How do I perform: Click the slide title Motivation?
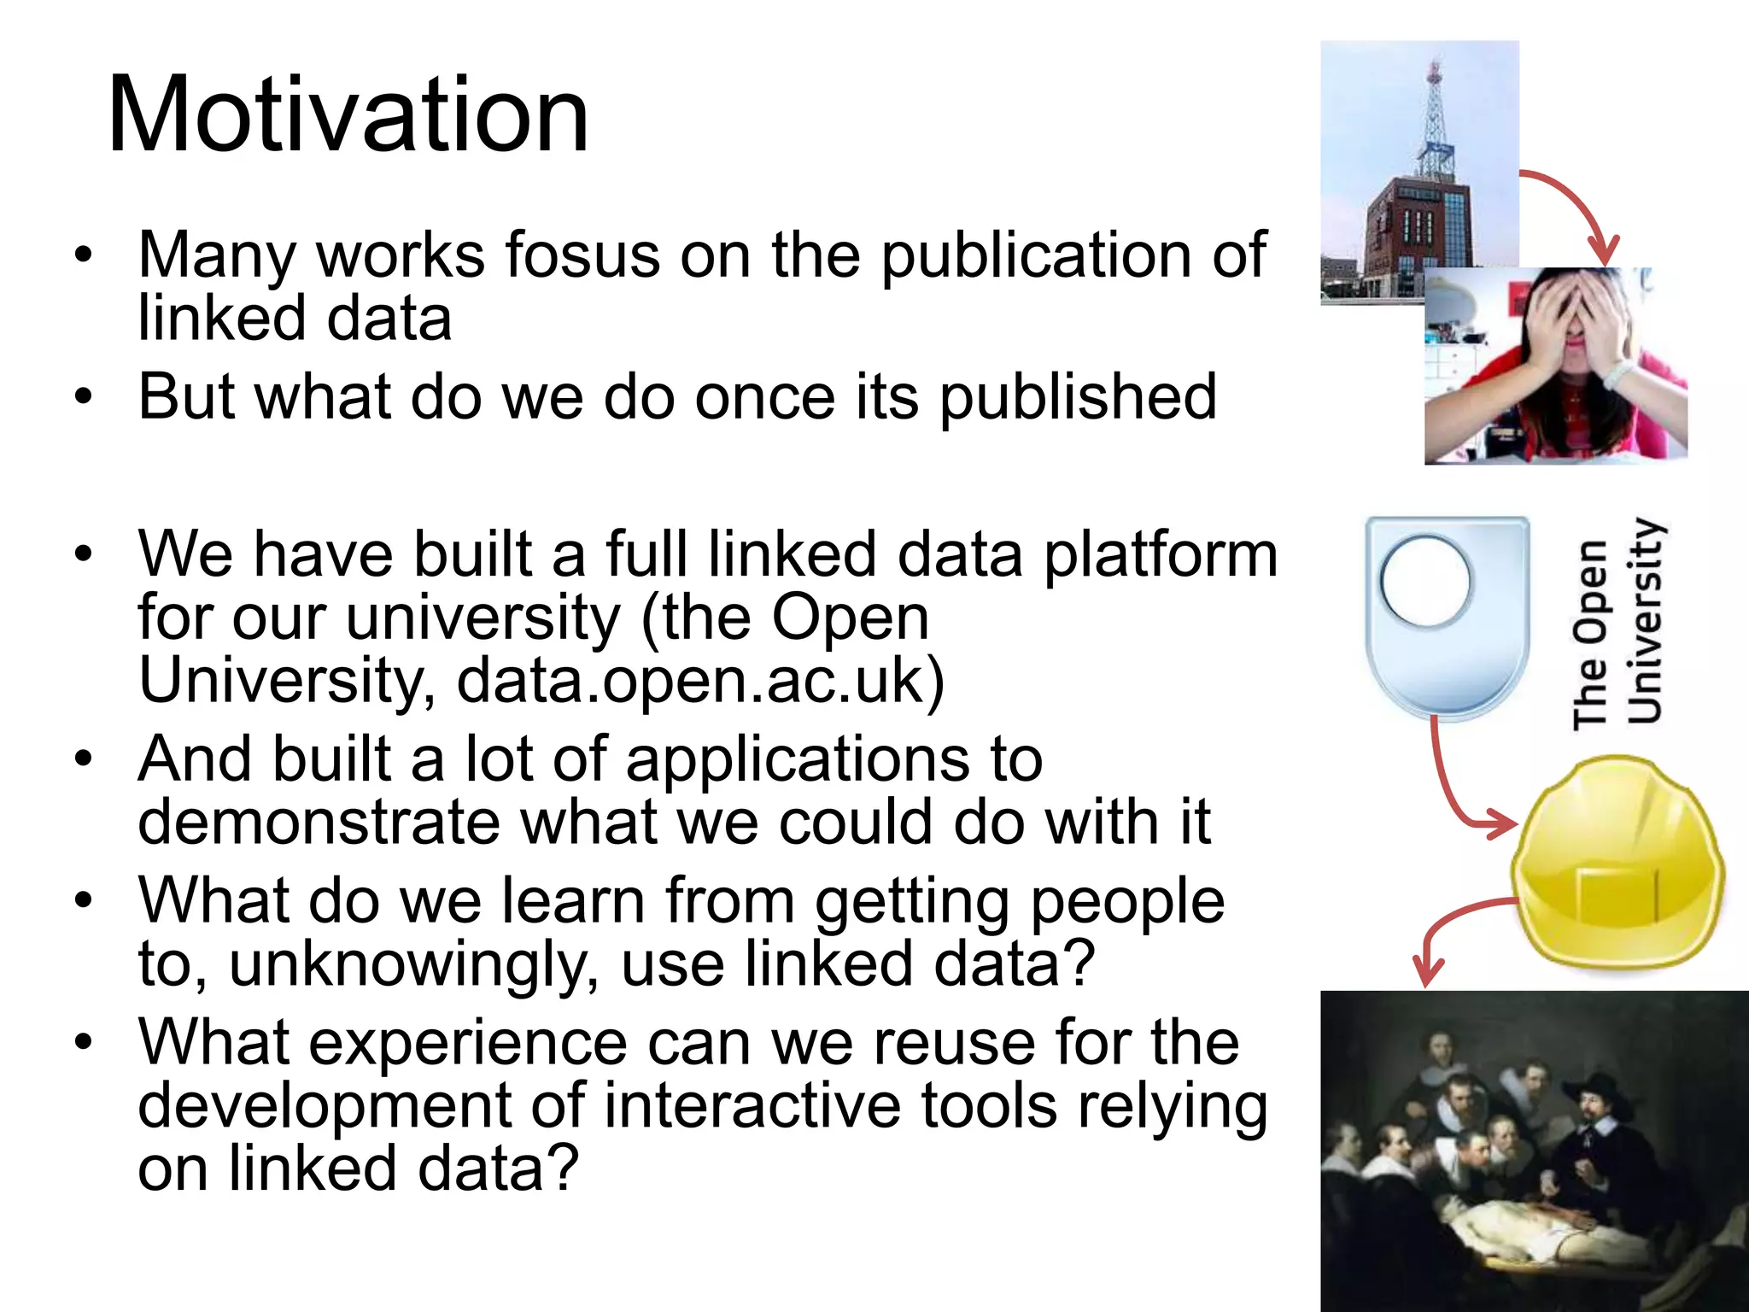tap(348, 115)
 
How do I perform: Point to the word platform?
tap(1161, 556)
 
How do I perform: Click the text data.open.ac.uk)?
tap(700, 681)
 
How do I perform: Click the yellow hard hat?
tap(1616, 867)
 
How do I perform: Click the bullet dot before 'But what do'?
tap(82, 397)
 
